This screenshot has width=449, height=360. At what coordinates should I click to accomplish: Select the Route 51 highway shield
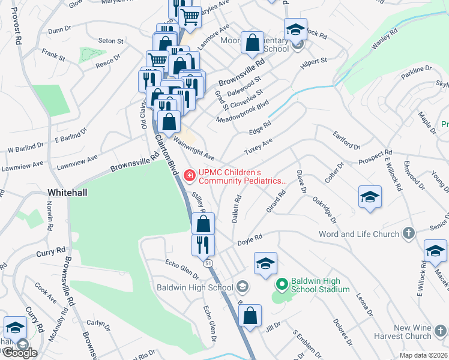click(x=208, y=263)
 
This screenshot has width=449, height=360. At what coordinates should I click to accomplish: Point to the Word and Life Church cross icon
click(x=408, y=233)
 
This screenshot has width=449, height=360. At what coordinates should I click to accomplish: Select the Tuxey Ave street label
click(x=259, y=145)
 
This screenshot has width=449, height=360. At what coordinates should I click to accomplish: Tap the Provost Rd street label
click(x=16, y=28)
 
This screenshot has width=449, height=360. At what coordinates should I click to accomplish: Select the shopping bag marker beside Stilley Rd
click(x=204, y=223)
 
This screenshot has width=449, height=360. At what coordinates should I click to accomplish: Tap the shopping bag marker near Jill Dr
click(x=250, y=315)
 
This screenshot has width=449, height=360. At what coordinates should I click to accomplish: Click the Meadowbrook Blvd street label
click(x=242, y=112)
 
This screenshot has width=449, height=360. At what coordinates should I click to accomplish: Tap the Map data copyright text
click(x=415, y=355)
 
